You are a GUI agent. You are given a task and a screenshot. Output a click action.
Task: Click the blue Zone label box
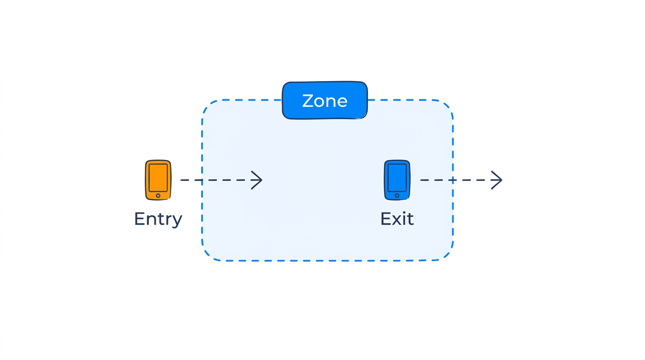tap(324, 100)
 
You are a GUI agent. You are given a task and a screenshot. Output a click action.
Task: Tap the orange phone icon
tap(158, 180)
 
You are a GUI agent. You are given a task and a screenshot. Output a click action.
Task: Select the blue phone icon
tap(397, 180)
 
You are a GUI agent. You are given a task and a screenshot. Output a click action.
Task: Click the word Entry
tap(158, 219)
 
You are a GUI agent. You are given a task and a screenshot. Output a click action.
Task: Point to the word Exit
tap(397, 219)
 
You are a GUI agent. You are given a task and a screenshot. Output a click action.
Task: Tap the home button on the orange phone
tap(158, 195)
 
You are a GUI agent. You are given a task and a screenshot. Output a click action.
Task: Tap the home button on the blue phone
tap(397, 195)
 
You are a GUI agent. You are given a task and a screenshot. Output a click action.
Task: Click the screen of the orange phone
tap(158, 177)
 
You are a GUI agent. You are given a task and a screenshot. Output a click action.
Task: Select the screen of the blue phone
tap(397, 177)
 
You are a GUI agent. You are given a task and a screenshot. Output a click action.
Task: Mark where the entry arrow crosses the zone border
tap(202, 180)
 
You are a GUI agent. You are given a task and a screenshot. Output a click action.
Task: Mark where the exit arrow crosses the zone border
tap(453, 180)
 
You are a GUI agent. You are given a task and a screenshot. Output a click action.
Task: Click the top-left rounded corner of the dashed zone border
tap(208, 105)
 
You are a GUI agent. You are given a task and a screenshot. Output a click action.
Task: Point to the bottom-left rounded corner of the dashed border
tap(208, 255)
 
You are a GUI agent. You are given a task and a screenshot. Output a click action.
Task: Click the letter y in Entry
tap(177, 221)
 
